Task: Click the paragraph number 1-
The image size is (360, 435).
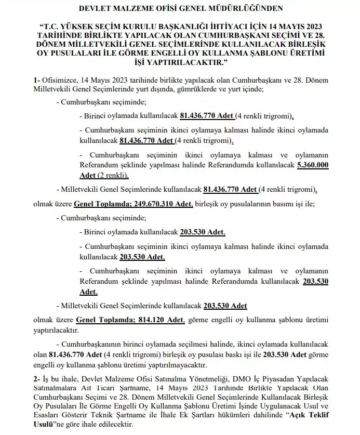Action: (37, 81)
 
